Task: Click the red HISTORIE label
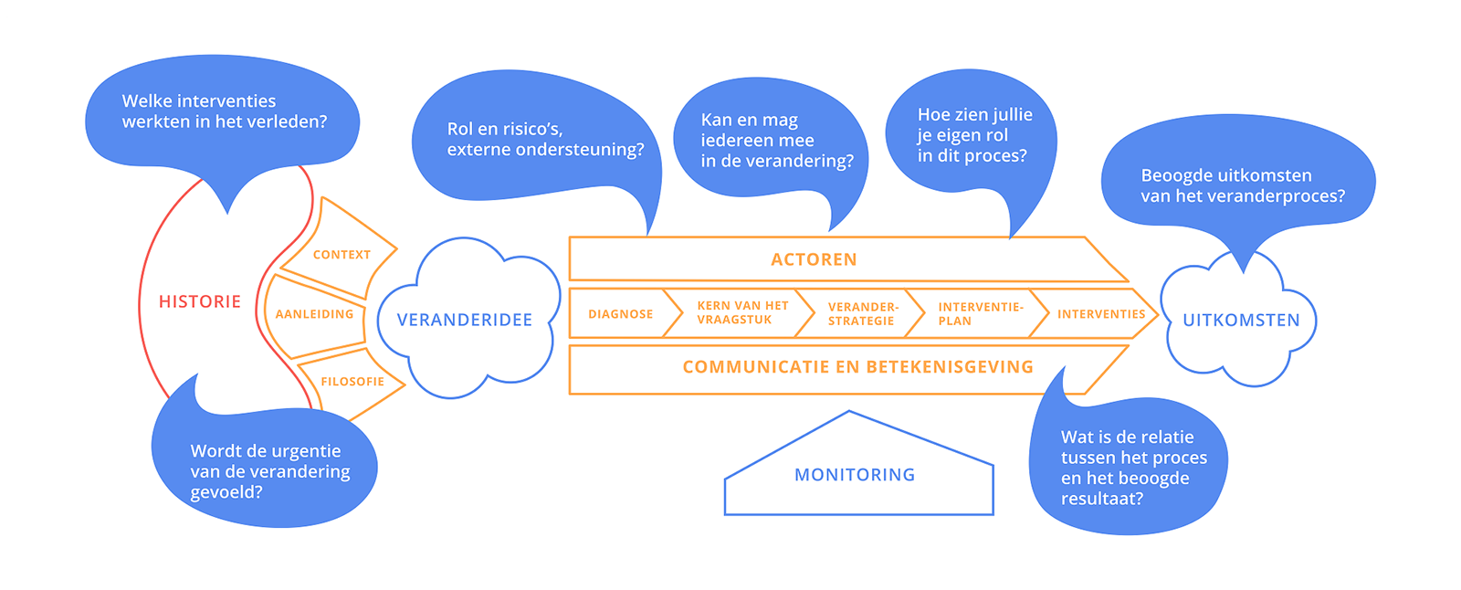(199, 301)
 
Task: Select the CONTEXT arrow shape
(342, 254)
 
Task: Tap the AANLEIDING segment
(314, 314)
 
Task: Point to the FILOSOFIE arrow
(352, 382)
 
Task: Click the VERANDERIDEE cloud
(465, 320)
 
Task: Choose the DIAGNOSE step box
(620, 314)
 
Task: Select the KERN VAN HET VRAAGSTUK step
(741, 313)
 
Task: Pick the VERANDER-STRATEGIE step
(862, 314)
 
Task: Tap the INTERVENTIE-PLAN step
(979, 314)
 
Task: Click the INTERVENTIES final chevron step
(1100, 314)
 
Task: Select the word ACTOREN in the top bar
(814, 259)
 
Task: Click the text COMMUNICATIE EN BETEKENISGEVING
(857, 367)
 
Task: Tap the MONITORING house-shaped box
(855, 475)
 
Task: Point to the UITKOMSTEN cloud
(1240, 321)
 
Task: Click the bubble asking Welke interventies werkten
(224, 111)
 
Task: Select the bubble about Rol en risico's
(539, 139)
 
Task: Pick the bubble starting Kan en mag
(772, 141)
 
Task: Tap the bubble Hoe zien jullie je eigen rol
(972, 135)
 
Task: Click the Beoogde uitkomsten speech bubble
(1240, 185)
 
